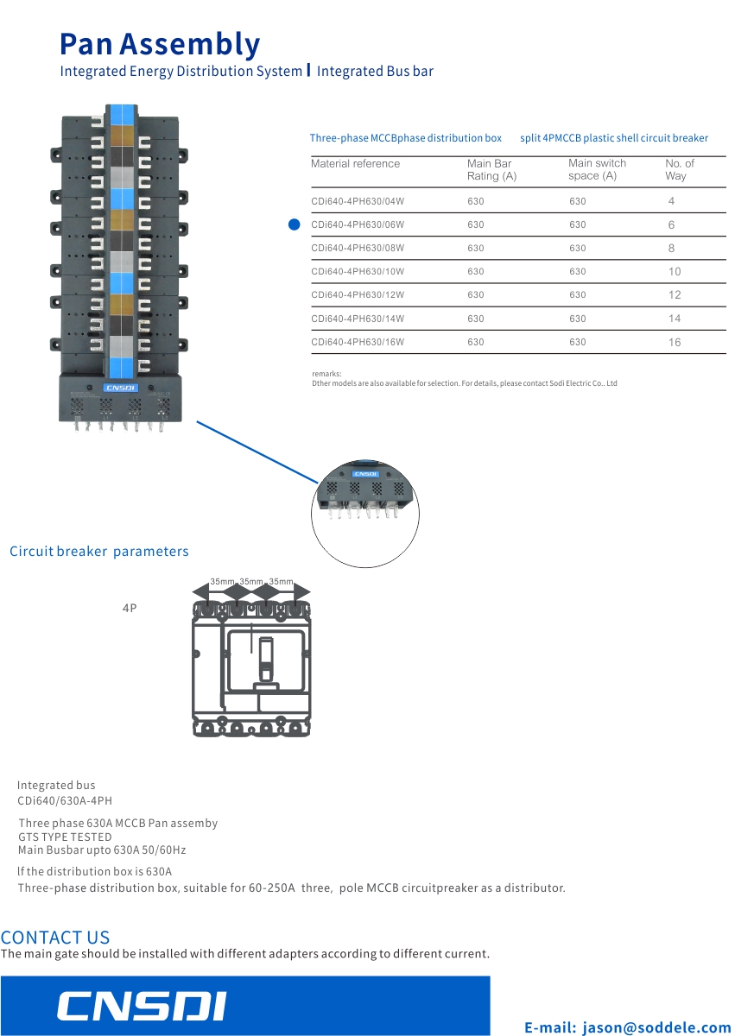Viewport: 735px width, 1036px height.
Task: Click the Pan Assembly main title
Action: tap(160, 44)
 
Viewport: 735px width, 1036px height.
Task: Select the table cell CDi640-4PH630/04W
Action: tap(358, 201)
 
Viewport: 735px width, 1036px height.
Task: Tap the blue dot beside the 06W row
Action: tap(295, 224)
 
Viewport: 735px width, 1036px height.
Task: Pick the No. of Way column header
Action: tap(680, 170)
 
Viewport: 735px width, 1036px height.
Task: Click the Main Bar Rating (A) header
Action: tap(491, 170)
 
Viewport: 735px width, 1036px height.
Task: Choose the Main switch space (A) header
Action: tap(597, 169)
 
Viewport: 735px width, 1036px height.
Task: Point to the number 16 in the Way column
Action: tap(675, 342)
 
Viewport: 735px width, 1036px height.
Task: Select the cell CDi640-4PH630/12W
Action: tap(358, 294)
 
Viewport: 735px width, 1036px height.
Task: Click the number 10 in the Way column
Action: tap(675, 271)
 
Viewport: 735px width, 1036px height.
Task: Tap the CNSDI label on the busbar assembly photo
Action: tap(120, 388)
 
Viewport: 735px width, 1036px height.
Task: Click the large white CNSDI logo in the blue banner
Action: tap(142, 1005)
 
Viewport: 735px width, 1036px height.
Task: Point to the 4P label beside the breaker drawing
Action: tap(130, 608)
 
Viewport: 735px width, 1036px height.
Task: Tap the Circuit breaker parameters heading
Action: tap(99, 552)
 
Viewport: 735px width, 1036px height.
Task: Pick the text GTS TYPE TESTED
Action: tap(65, 837)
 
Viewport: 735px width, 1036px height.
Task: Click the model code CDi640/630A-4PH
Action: tap(65, 800)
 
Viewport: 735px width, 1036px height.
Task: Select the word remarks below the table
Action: tap(326, 374)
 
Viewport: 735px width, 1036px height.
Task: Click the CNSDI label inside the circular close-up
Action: tap(365, 474)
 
